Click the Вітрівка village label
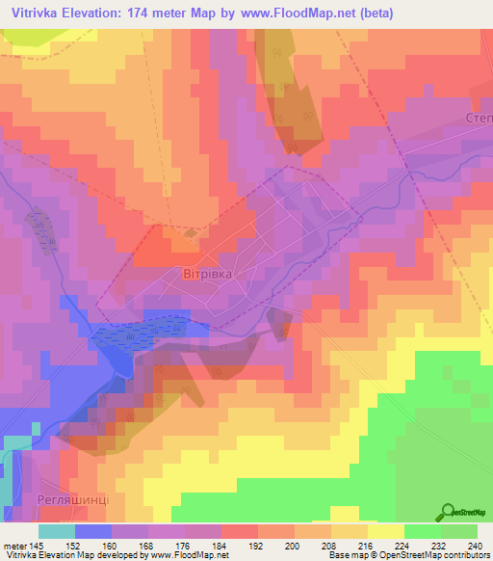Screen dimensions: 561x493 pos(208,274)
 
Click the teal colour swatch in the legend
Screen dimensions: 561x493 pos(57,531)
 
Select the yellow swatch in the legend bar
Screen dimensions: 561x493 pos(386,531)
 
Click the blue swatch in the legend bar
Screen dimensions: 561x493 pos(93,531)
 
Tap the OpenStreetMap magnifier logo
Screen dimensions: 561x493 pos(448,513)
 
